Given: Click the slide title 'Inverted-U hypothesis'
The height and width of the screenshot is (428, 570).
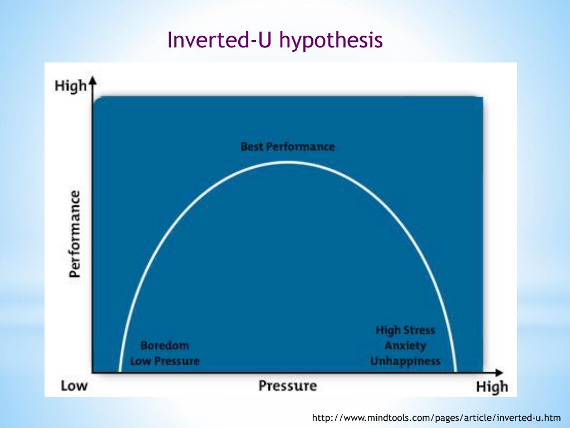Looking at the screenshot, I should click(x=275, y=41).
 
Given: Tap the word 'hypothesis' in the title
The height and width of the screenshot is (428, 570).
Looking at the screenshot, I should click(x=331, y=41).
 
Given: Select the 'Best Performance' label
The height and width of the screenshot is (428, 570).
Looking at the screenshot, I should click(x=288, y=147).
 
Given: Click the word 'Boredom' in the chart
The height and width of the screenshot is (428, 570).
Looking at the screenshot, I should click(x=165, y=346).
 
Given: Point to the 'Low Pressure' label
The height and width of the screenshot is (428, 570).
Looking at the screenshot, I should click(x=165, y=361).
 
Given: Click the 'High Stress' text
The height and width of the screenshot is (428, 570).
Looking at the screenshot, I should click(x=405, y=330).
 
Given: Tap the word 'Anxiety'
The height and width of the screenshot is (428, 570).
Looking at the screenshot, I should click(x=405, y=346).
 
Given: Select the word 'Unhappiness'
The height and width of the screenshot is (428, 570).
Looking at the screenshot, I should click(x=405, y=361).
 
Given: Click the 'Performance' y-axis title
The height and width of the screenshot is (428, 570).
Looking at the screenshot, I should click(x=75, y=234).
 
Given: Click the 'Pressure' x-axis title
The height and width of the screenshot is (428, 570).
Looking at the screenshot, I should click(x=287, y=386).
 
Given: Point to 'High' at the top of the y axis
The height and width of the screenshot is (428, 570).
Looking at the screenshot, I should click(x=71, y=86).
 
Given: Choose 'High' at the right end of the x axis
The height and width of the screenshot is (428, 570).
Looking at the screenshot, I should click(x=492, y=387).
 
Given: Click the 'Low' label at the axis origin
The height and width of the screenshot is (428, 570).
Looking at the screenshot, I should click(x=74, y=386).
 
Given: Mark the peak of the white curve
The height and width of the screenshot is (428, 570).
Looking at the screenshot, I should click(x=288, y=162).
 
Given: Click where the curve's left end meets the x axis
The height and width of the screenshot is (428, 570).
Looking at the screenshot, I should click(x=119, y=371).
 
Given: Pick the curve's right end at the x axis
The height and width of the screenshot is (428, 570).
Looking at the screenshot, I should click(x=456, y=371).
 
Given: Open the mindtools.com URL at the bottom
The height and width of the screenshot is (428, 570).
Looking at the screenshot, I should click(x=436, y=417).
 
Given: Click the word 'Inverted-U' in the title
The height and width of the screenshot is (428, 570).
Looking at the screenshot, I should click(x=212, y=41).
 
